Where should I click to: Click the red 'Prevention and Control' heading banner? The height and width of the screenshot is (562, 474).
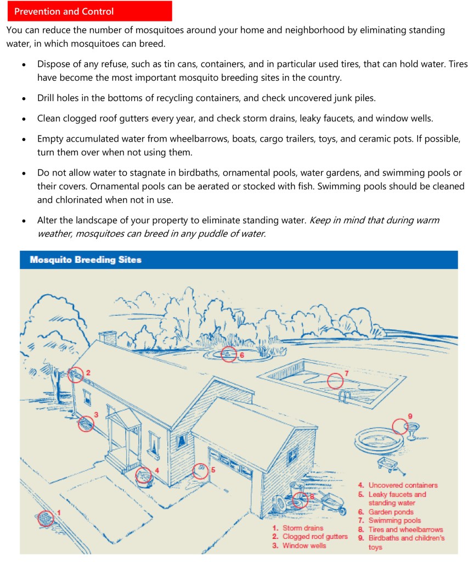tap(89, 11)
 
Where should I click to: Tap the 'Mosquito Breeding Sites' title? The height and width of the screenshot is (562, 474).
tap(86, 260)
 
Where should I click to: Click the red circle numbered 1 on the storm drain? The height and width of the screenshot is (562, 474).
tap(46, 519)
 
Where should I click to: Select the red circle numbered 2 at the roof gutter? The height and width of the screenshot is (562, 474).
tap(76, 375)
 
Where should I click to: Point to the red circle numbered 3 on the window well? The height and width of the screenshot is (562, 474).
tap(86, 424)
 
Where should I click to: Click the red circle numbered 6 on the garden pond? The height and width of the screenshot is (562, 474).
tap(229, 354)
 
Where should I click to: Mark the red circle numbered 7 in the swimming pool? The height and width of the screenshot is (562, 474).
tap(335, 381)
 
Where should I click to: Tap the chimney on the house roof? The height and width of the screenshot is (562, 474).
tap(108, 338)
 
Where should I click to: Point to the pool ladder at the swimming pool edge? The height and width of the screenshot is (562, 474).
tap(345, 397)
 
